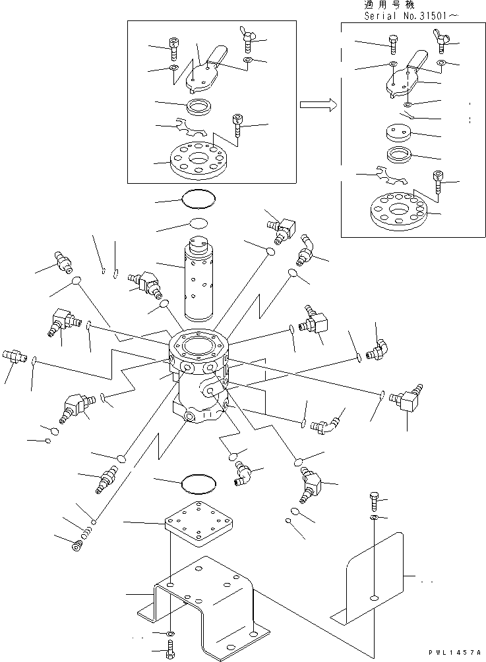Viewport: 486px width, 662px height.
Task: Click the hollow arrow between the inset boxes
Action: pos(317,104)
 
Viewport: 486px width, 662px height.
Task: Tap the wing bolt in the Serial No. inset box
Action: pos(441,41)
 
